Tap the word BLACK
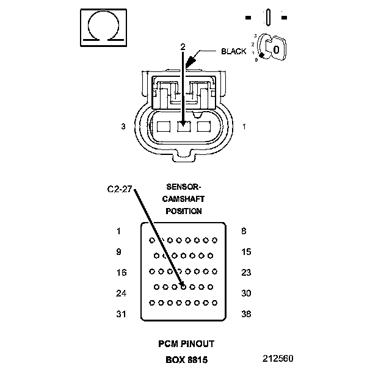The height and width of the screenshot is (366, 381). click(x=234, y=51)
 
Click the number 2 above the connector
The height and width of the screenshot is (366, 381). click(x=183, y=46)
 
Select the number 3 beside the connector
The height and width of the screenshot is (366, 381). click(x=123, y=126)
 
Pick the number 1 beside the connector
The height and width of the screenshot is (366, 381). click(x=244, y=126)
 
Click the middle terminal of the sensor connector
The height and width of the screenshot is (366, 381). click(x=183, y=126)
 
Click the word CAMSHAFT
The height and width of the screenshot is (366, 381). click(x=184, y=199)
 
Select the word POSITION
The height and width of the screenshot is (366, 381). click(x=184, y=211)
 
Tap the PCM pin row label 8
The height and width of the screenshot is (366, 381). click(x=244, y=231)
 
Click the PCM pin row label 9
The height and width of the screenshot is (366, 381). click(x=118, y=252)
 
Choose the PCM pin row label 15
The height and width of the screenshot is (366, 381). click(x=246, y=252)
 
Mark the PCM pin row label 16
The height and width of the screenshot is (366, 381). click(x=120, y=273)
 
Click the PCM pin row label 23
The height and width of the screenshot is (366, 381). click(x=246, y=273)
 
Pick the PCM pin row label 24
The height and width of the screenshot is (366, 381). click(x=120, y=293)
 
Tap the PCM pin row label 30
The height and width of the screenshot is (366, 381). click(x=246, y=293)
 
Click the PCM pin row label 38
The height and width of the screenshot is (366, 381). click(x=246, y=314)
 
